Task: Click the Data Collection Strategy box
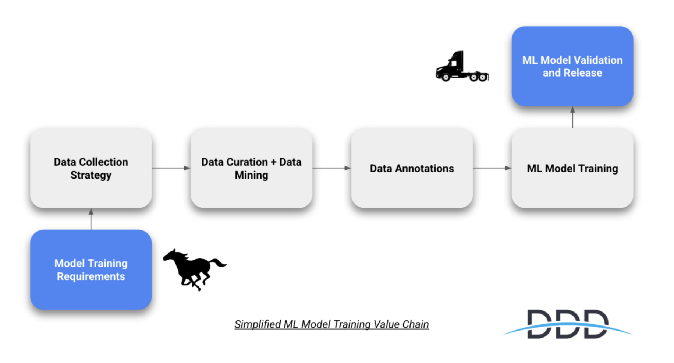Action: (91, 168)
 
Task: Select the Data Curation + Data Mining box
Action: (251, 168)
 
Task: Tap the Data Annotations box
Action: (412, 168)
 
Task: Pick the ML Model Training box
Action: (572, 168)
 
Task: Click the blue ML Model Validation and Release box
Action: (572, 66)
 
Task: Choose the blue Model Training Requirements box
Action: (91, 269)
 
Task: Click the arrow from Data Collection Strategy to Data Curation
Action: (171, 168)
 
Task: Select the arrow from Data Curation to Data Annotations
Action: (331, 168)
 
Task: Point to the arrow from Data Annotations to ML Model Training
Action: (492, 168)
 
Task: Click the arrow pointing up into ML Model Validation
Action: (572, 117)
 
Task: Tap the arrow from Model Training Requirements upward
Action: (91, 219)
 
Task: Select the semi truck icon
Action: (462, 67)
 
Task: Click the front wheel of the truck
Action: (446, 77)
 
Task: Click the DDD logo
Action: (567, 324)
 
